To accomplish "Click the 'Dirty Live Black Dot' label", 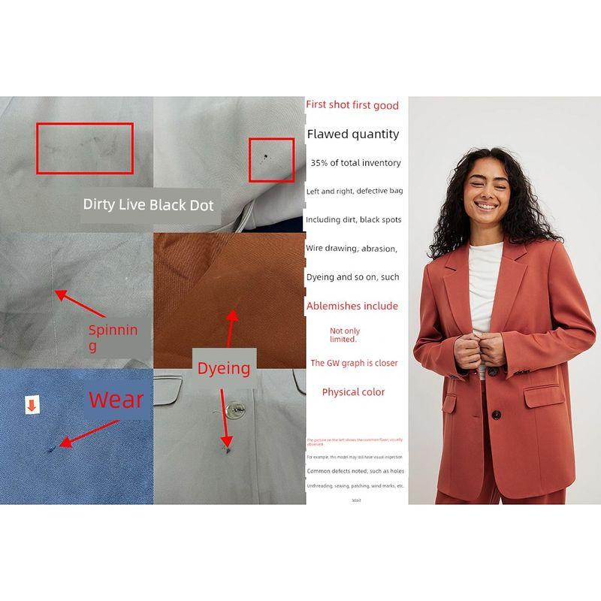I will pyautogui.click(x=148, y=204).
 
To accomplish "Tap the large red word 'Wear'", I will pyautogui.click(x=116, y=399).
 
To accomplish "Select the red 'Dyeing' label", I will pyautogui.click(x=223, y=368).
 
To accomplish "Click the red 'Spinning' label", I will pyautogui.click(x=113, y=337).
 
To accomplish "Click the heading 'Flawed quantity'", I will pyautogui.click(x=353, y=134).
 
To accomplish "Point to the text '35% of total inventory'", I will pyautogui.click(x=355, y=163).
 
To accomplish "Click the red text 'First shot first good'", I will pyautogui.click(x=352, y=105).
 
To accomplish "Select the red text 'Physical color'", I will pyautogui.click(x=353, y=392).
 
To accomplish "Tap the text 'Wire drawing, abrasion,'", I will pyautogui.click(x=352, y=248).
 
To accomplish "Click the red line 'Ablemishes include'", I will pyautogui.click(x=352, y=306).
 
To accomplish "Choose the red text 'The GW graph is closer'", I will pyautogui.click(x=354, y=363).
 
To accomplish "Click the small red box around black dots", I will pyautogui.click(x=271, y=159).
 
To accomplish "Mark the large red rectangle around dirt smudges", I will pyautogui.click(x=85, y=148).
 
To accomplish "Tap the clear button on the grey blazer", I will pyautogui.click(x=235, y=410).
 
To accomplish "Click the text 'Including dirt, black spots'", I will pyautogui.click(x=353, y=220).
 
